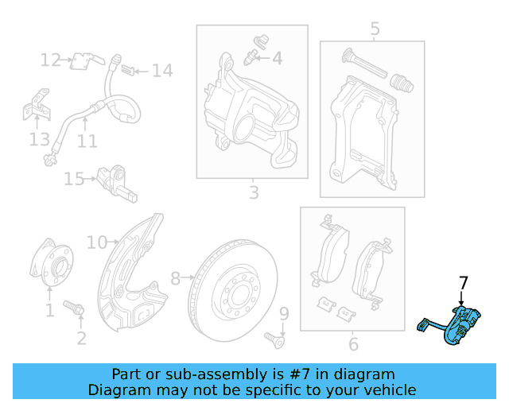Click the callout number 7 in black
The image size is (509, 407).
coord(464,283)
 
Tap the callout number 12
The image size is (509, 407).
coord(51,60)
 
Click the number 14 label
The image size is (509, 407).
coord(162,71)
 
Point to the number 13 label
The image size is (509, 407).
coord(39,140)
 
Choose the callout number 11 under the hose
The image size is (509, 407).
coord(87,141)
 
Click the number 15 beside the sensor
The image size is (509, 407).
coord(74,179)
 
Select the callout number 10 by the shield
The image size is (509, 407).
coord(96,242)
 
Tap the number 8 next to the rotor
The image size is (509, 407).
coord(176,278)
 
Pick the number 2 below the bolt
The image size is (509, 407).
coord(81,339)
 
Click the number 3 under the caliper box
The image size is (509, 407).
coord(253,192)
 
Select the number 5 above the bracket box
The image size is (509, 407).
coord(375,29)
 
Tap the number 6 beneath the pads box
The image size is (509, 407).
coord(353,344)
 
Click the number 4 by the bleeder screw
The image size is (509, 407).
coord(277,58)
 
